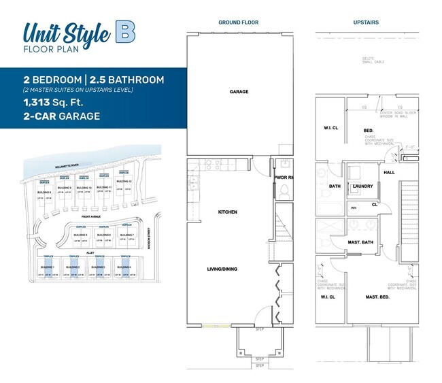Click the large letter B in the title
coord(124,31)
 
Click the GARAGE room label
coord(239,91)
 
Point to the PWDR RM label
coord(283,178)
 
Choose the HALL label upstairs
coord(389,172)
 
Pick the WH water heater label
coord(354,207)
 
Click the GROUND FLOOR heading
coord(235,22)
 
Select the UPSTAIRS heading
coord(366,22)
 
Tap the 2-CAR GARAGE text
coord(62,116)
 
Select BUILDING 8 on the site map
coord(46,193)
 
